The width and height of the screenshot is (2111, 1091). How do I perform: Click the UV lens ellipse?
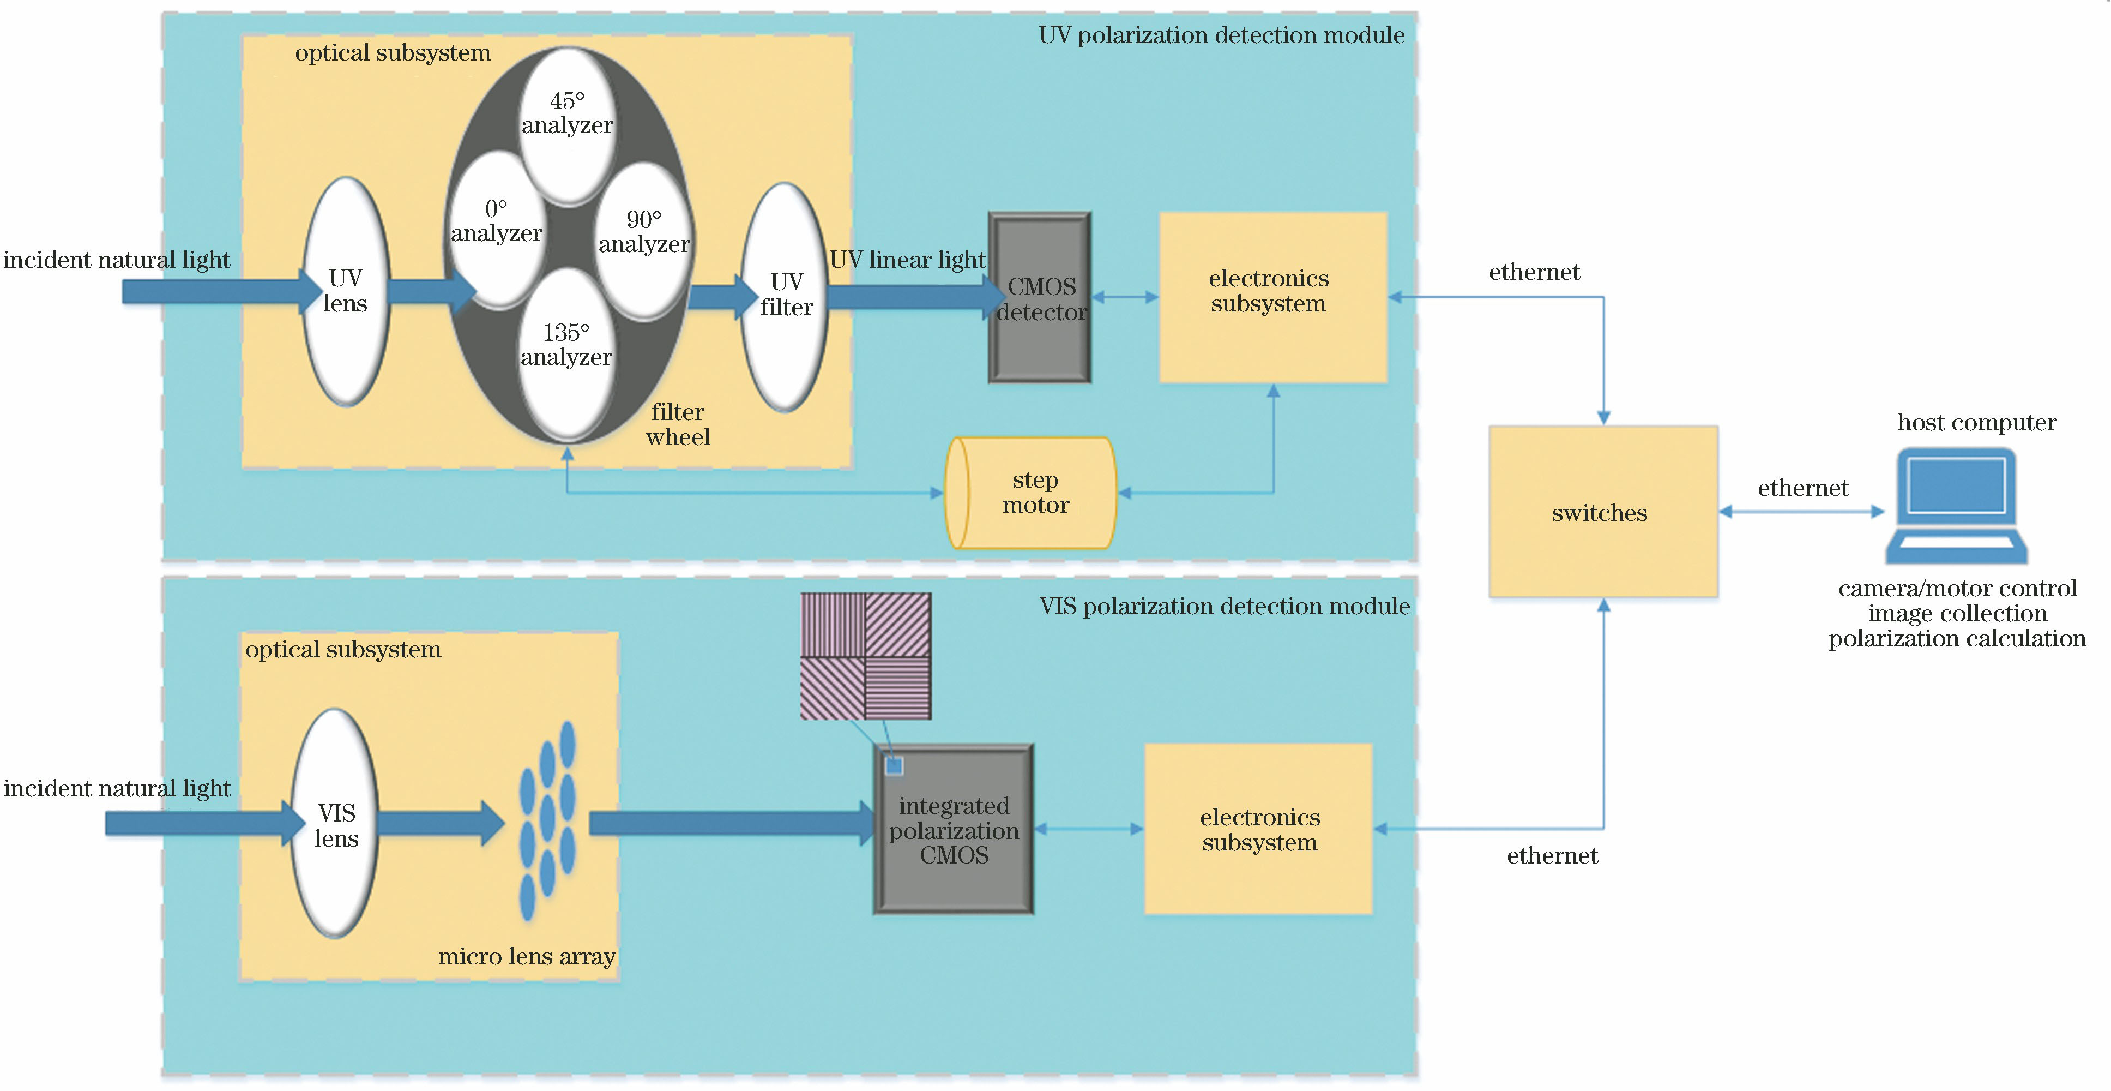pos(345,291)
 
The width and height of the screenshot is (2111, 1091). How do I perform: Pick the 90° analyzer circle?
pos(644,238)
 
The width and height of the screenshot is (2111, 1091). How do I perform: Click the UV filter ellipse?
pos(785,295)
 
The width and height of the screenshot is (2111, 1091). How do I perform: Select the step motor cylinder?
pos(1031,493)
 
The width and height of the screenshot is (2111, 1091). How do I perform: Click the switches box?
pos(1602,512)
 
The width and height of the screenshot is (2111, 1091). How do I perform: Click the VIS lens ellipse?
pos(336,824)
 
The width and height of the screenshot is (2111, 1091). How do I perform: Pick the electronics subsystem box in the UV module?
pos(1272,297)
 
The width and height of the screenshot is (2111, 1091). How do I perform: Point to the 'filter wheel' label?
pos(678,424)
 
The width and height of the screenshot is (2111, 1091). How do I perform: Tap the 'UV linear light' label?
pos(907,260)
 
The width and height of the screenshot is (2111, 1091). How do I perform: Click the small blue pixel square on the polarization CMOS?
pos(894,765)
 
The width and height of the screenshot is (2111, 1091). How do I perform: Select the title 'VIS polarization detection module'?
pos(1225,607)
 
